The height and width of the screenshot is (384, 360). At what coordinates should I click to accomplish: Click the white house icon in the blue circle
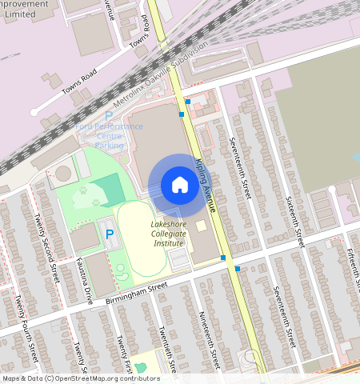(180, 186)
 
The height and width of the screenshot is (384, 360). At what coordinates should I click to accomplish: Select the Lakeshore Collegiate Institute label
(168, 233)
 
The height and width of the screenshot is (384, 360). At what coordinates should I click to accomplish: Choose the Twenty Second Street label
(46, 249)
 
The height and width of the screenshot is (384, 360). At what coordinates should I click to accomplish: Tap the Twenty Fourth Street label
(26, 328)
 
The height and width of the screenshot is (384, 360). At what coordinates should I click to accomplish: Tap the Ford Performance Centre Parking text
(110, 136)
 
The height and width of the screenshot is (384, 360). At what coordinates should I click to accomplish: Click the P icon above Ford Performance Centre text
(109, 116)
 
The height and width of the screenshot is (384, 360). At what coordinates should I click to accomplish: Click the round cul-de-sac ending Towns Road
(34, 112)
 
